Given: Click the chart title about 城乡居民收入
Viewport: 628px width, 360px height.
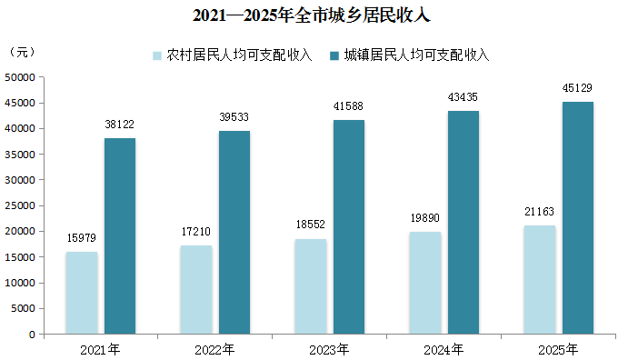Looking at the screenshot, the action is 311,15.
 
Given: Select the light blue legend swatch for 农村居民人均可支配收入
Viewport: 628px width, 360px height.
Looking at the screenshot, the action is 157,55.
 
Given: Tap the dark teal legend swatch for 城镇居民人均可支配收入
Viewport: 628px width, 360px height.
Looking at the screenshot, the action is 334,55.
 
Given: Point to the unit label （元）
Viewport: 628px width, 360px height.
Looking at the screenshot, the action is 22,52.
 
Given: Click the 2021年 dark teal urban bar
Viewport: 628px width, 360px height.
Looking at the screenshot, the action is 120,235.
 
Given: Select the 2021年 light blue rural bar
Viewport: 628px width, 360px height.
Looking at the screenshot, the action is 82,293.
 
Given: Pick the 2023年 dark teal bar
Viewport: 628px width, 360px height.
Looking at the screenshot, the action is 349,227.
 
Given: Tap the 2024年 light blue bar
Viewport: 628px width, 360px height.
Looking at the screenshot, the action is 425,283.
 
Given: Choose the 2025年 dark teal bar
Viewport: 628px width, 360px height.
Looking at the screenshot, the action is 578,218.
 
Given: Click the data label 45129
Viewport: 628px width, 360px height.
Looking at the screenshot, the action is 577,88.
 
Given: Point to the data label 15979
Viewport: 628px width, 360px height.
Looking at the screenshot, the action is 81,238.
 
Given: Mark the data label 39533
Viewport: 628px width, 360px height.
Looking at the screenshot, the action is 234,117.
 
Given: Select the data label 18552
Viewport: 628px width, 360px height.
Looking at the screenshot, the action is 311,225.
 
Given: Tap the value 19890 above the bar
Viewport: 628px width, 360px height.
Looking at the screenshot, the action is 425,218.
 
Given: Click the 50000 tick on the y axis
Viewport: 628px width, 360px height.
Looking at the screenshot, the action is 20,77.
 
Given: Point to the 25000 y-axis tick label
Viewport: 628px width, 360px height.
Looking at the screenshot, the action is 20,205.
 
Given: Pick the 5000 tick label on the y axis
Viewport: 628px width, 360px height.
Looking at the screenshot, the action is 24,308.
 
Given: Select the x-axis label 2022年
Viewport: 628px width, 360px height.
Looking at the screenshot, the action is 214,350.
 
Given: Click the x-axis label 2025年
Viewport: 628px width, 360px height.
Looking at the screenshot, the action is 558,350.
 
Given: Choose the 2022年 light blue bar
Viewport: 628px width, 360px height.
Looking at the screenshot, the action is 196,289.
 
